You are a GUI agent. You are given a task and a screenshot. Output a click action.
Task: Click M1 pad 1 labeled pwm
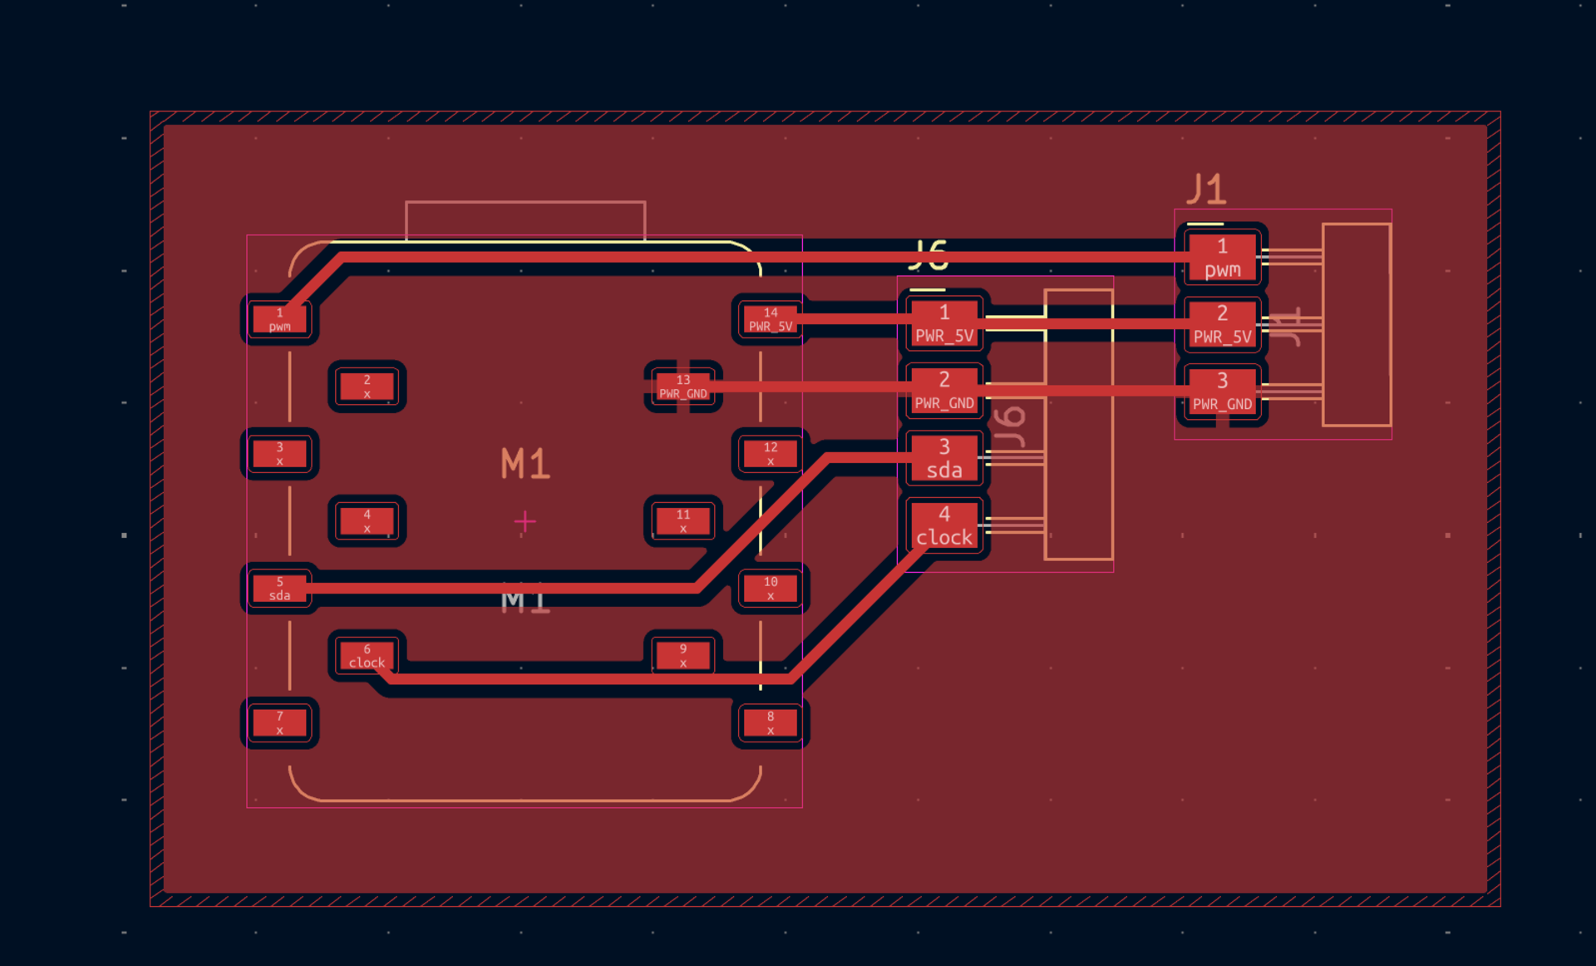(280, 319)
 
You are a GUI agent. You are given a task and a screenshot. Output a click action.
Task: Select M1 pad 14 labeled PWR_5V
(771, 319)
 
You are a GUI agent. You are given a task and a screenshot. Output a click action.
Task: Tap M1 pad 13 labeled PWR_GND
(683, 387)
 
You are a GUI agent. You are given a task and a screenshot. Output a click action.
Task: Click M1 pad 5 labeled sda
(280, 589)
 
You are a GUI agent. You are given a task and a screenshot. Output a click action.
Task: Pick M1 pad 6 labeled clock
(367, 656)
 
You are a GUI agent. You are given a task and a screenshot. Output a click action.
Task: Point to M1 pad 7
(280, 722)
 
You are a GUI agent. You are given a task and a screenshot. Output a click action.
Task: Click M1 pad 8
(771, 722)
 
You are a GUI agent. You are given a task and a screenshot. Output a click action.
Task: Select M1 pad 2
(367, 387)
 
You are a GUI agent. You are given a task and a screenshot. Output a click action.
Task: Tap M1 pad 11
(683, 521)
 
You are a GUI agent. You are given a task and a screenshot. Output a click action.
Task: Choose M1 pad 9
(683, 656)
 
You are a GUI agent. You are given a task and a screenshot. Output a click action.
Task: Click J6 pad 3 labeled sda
(944, 458)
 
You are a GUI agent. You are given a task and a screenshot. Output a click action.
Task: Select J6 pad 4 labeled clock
(944, 525)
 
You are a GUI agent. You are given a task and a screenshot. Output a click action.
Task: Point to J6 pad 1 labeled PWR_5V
(944, 323)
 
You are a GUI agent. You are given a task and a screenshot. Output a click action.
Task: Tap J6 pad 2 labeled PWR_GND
(944, 391)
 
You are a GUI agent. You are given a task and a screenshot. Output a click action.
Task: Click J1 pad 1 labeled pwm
(1222, 258)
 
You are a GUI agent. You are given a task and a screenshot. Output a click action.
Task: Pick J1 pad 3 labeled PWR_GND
(1222, 392)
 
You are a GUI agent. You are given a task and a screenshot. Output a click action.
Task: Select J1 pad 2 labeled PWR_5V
(1222, 324)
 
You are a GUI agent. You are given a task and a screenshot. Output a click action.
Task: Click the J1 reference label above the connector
(1207, 190)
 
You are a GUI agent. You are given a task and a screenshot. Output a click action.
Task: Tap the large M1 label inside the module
(525, 464)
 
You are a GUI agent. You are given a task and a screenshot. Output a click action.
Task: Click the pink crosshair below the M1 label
(525, 522)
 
